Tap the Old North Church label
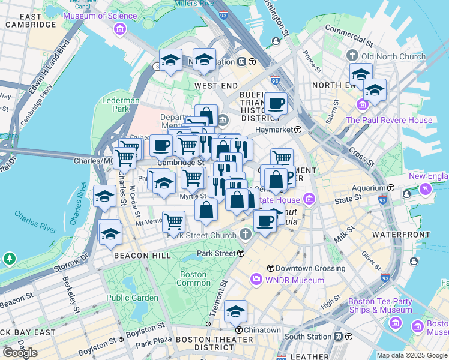click(384, 56)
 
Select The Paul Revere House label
click(397, 120)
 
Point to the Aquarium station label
click(369, 187)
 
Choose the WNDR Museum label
click(294, 280)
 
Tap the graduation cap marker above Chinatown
click(236, 312)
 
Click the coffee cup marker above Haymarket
click(276, 104)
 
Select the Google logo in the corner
click(20, 353)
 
